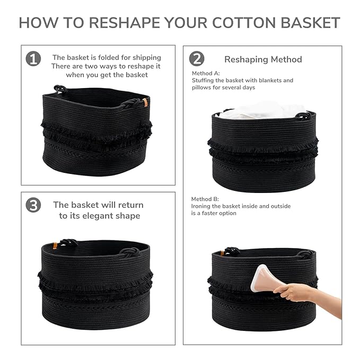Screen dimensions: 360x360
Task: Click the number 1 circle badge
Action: click(33, 58)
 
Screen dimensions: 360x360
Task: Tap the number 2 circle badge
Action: click(196, 58)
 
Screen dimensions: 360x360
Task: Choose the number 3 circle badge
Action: click(33, 205)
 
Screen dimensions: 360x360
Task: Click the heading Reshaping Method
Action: click(263, 59)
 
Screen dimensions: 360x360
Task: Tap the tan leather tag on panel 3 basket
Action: click(55, 245)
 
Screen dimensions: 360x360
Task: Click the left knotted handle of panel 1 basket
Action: click(60, 89)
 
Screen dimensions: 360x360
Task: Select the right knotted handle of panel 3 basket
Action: click(129, 251)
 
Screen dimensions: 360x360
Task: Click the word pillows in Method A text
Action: click(201, 87)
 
